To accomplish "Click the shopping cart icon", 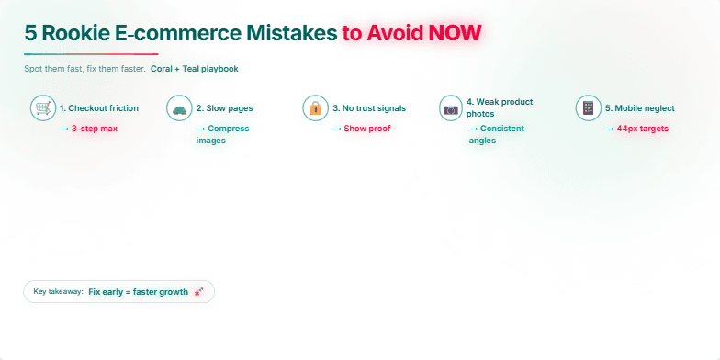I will [42, 108].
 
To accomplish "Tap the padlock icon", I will [315, 108].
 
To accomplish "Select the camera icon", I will [451, 108].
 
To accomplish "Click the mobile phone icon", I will [588, 108].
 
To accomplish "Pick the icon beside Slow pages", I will [179, 108].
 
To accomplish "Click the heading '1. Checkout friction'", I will [99, 108].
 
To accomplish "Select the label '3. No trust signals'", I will [368, 108].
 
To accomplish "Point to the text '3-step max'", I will [94, 129].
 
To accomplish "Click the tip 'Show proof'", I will [366, 129].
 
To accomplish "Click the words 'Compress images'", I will [222, 134].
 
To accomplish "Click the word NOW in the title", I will [452, 34].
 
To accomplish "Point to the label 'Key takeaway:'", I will [58, 292].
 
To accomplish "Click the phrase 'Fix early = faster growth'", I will [138, 292].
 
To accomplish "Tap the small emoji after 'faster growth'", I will [199, 292].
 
